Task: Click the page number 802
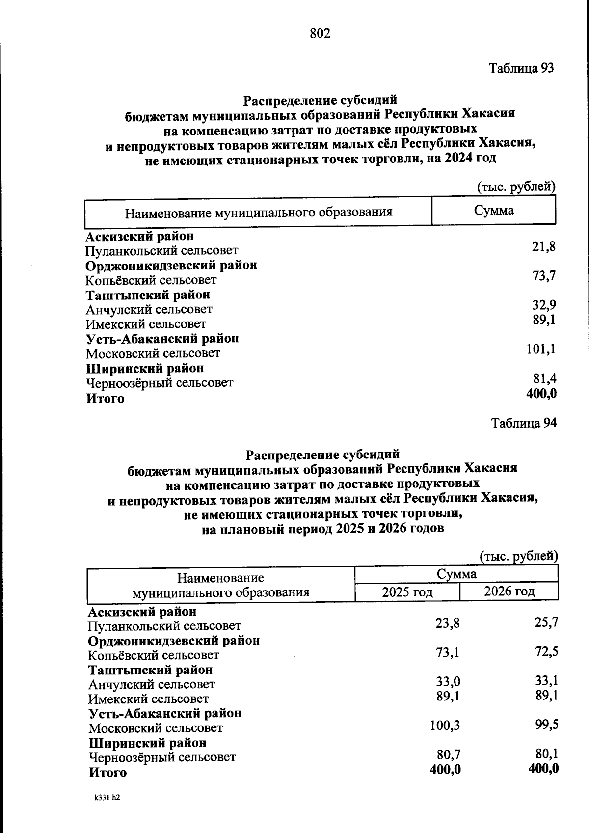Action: click(x=320, y=33)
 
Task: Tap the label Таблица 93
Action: click(x=521, y=68)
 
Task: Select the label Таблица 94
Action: click(x=524, y=423)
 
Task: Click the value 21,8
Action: click(x=544, y=246)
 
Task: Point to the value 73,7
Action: click(x=544, y=276)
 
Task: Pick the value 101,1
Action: click(x=541, y=349)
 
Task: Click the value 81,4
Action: click(x=544, y=378)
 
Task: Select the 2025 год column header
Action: click(x=407, y=592)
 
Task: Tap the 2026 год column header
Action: click(x=509, y=591)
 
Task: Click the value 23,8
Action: click(x=448, y=623)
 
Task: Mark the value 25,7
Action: click(x=546, y=622)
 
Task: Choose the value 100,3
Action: click(x=445, y=725)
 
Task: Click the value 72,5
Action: click(x=546, y=652)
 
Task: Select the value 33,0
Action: click(x=448, y=682)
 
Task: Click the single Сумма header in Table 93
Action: click(x=494, y=211)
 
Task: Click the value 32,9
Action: click(x=544, y=305)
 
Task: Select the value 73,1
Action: click(x=448, y=653)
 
